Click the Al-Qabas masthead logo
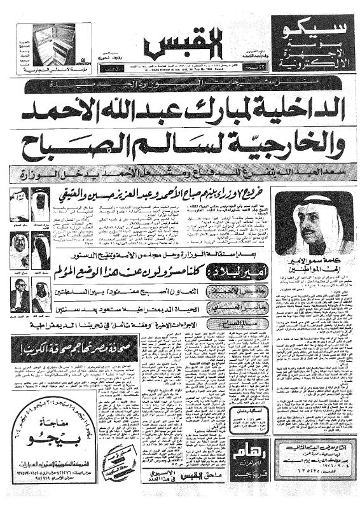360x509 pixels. pos(168,46)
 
